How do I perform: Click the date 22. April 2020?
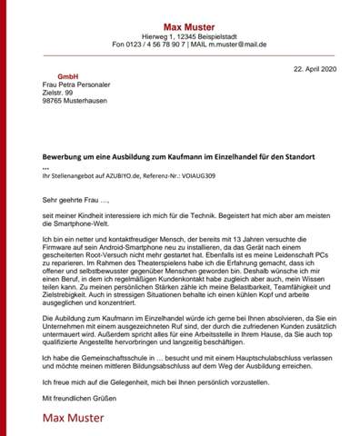[315, 69]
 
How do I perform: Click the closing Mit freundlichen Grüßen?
[80, 398]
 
